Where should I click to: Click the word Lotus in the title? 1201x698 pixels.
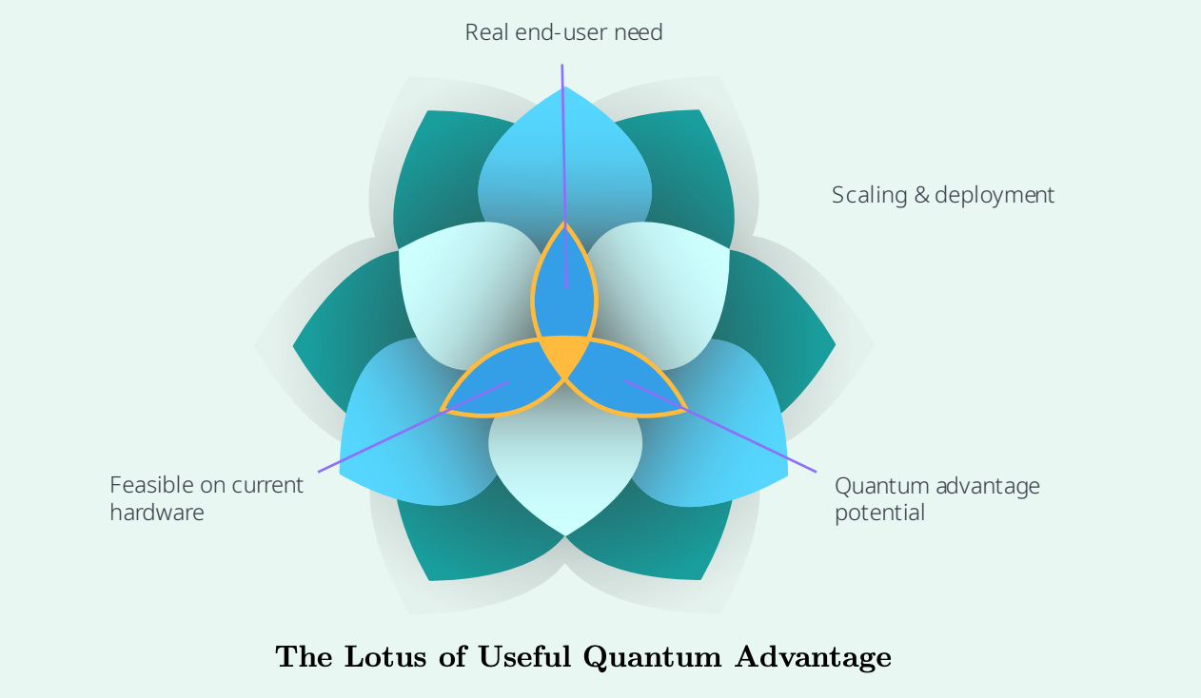coord(385,656)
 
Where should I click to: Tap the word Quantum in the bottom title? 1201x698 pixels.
coord(652,657)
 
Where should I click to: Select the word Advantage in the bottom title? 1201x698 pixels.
coord(813,658)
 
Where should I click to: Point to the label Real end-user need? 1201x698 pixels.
coord(563,32)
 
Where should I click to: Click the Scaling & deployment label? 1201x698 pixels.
coord(942,195)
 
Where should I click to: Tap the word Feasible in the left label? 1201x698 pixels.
coord(151,485)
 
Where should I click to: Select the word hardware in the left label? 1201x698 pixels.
coord(157,513)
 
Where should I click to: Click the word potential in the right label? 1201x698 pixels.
coord(879,513)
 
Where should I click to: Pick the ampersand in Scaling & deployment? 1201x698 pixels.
coord(921,195)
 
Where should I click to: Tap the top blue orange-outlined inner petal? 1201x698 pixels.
coord(564,284)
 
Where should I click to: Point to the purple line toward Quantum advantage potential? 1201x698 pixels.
coord(720,426)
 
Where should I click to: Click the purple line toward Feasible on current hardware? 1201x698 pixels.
coord(413,427)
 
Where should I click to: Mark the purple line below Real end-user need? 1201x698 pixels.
coord(564,176)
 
